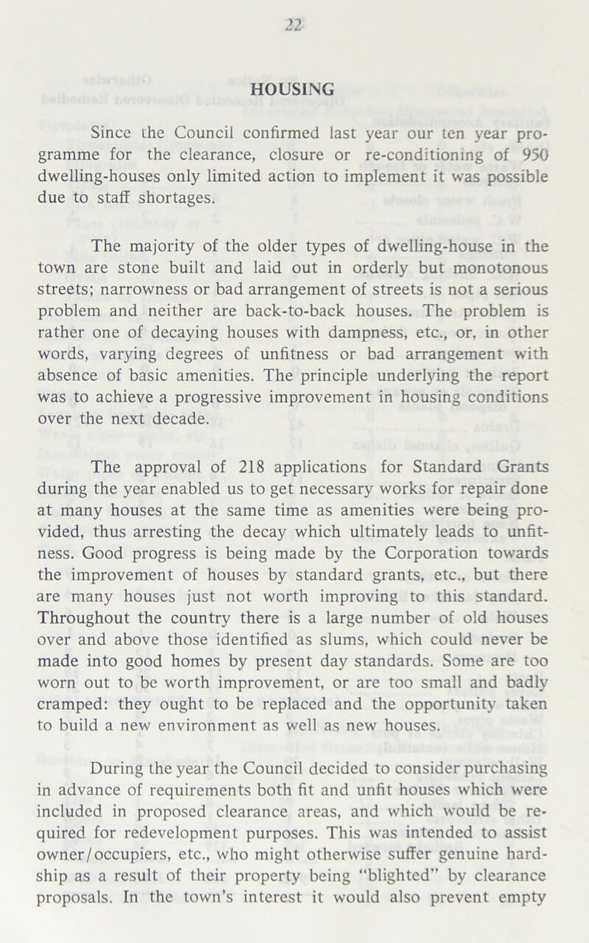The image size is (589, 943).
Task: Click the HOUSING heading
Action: coord(294,88)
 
